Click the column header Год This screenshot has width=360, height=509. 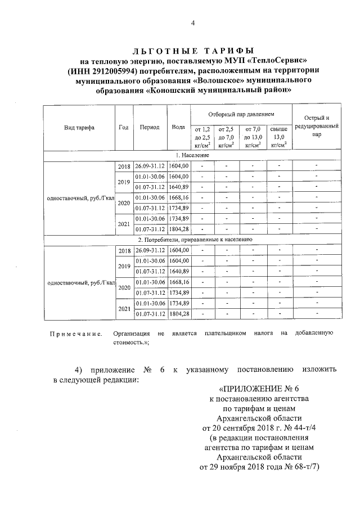(124, 127)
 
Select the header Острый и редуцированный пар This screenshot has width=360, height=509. (317, 127)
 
